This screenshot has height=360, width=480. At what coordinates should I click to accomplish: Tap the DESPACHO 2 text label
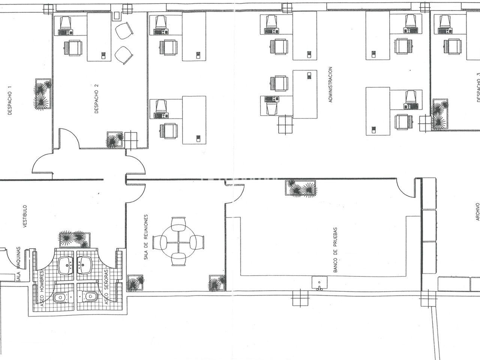[x=96, y=99]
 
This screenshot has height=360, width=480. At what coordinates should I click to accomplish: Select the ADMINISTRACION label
[x=330, y=85]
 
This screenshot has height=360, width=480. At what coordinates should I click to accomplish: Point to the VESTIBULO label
[x=25, y=216]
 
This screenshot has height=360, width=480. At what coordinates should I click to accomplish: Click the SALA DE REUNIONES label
[x=146, y=237]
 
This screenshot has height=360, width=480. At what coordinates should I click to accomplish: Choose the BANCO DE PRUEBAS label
[x=335, y=250]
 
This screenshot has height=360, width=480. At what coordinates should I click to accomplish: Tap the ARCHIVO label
[x=478, y=211]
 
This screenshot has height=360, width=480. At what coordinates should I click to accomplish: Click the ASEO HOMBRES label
[x=42, y=288]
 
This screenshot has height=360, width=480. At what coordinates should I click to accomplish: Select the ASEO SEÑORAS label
[x=106, y=287]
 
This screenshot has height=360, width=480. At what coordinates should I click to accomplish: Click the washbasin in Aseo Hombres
[x=66, y=265]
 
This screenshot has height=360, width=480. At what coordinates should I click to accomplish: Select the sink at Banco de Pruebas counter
[x=319, y=283]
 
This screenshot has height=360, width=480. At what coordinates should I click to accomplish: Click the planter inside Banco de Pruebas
[x=301, y=188]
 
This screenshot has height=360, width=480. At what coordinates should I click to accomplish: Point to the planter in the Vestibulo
[x=75, y=240]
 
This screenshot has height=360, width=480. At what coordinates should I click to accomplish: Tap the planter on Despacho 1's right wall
[x=43, y=94]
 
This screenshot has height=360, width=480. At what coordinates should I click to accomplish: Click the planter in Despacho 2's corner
[x=115, y=140]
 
